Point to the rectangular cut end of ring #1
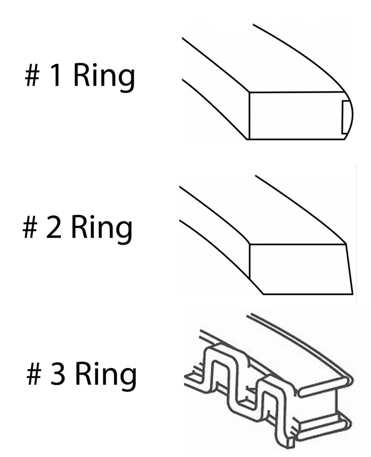[x=295, y=116]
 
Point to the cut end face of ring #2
[x=300, y=269]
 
